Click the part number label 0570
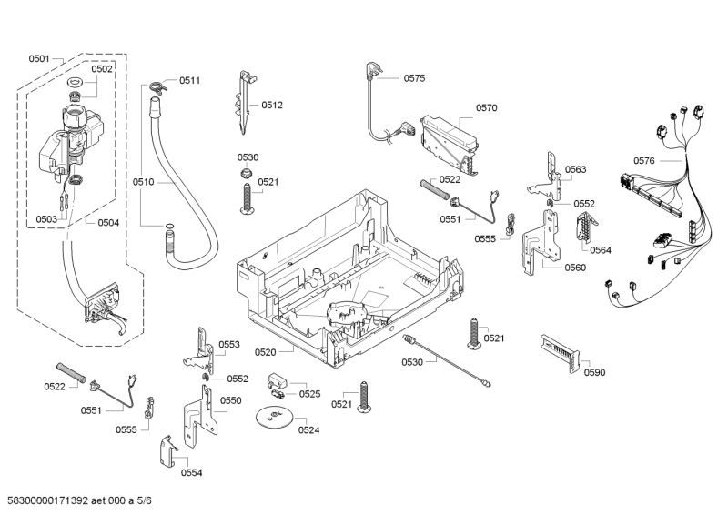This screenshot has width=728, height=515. [486, 108]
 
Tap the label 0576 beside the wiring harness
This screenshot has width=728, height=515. [643, 161]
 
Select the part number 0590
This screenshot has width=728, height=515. [594, 372]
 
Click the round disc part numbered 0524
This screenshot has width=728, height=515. [274, 418]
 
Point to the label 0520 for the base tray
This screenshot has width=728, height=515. [266, 351]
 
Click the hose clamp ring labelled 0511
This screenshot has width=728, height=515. [157, 86]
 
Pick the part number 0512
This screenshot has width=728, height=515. [272, 105]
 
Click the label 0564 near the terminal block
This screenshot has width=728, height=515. [600, 249]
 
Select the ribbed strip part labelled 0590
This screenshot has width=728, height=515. [556, 348]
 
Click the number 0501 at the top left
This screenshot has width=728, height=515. [38, 58]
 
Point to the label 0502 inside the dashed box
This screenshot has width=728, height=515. [102, 69]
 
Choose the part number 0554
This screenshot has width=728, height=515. [191, 472]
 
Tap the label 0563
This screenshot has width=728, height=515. [575, 169]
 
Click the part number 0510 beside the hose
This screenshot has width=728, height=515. [144, 182]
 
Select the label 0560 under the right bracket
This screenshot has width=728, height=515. [575, 268]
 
